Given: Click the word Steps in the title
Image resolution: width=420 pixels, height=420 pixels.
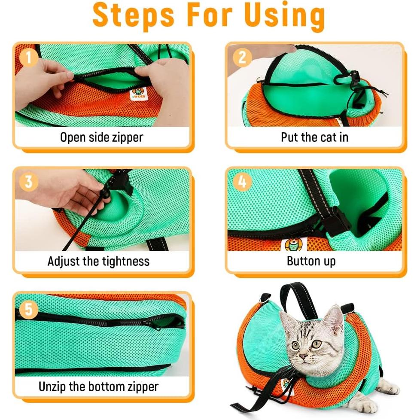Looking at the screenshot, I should [x=134, y=15].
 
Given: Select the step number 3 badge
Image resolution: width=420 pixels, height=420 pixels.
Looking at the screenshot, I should [x=28, y=182].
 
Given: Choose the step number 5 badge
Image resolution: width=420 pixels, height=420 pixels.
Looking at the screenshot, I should [x=28, y=309].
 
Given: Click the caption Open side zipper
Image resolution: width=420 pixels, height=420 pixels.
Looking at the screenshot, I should [x=101, y=137].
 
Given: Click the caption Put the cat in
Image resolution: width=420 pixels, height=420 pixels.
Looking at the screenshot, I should [x=314, y=137].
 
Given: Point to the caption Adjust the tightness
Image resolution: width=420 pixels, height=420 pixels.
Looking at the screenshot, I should [x=98, y=261].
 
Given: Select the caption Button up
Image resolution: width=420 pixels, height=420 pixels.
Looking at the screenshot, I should [x=311, y=261].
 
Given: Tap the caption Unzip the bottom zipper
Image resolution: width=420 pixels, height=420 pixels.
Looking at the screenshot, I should [x=98, y=386].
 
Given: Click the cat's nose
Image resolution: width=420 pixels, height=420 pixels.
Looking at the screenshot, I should [x=304, y=356].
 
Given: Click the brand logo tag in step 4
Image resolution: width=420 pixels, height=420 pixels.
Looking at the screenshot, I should [x=293, y=244].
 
